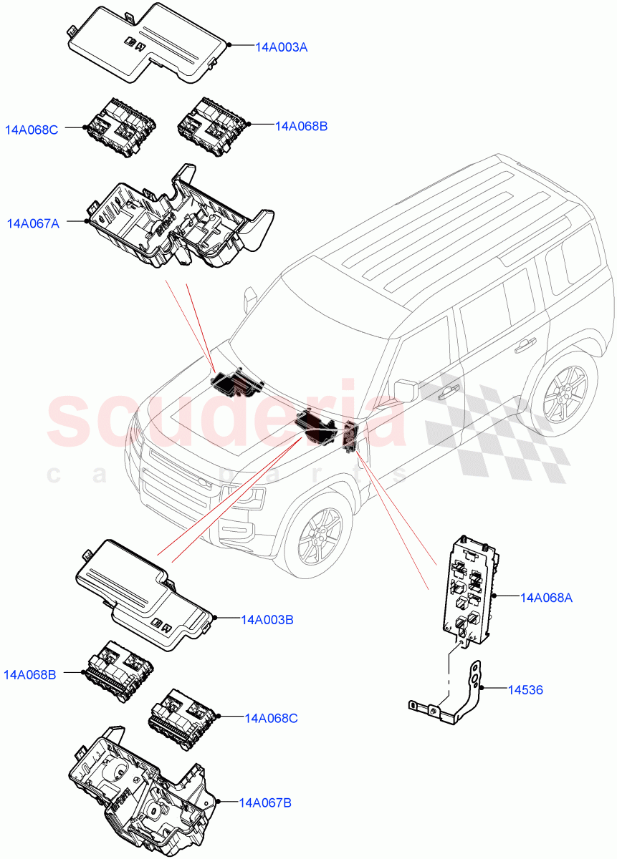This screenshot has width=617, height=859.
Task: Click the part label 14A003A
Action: pos(282,47)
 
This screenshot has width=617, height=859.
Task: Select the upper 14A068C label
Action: pos(32,130)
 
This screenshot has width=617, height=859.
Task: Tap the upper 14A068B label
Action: pos(301,126)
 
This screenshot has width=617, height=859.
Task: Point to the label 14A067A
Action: pos(33,223)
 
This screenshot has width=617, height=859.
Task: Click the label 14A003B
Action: pos(268,619)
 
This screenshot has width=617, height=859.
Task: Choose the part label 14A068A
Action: pos(546,596)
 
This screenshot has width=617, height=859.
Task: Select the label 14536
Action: pos(525,690)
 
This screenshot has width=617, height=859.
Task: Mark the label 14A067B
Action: pos(265,802)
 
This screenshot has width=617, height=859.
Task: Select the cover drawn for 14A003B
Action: pos(143,591)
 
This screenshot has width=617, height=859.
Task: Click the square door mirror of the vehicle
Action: pos(406,389)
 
